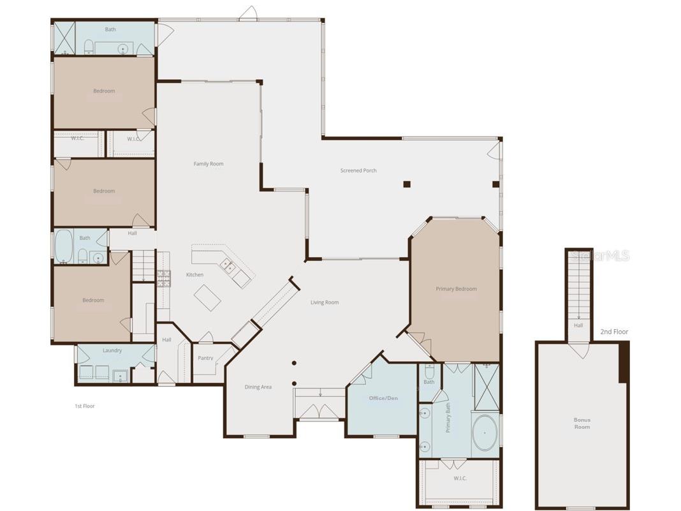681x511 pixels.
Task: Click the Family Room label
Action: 209,164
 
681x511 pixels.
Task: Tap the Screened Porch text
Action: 358,170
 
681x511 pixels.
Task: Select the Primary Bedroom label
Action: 456,289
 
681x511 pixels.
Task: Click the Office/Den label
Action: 383,398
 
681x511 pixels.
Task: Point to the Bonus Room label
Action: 582,423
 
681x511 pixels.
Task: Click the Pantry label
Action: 205,358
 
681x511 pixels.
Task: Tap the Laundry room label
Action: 112,350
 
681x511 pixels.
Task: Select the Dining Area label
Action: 258,387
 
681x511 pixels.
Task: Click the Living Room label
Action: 325,302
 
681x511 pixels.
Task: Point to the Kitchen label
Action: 194,275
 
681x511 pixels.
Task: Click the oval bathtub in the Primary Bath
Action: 485,433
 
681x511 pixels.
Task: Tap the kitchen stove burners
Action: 163,278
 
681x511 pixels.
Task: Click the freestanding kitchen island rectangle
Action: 208,297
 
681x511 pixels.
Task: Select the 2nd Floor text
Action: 614,332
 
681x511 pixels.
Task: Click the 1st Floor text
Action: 84,406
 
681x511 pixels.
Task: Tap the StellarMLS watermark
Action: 600,256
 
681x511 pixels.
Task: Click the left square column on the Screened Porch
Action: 407,184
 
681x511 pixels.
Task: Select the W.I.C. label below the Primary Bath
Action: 460,478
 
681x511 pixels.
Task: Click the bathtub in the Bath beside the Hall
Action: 63,246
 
